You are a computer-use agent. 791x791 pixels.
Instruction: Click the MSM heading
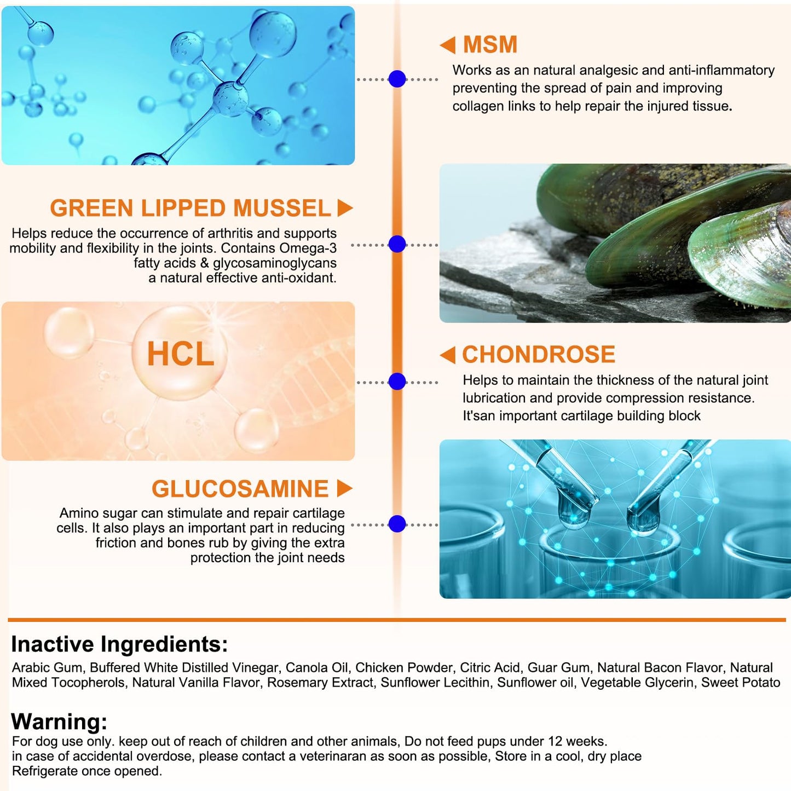click(x=490, y=44)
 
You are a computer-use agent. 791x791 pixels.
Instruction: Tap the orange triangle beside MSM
click(x=448, y=45)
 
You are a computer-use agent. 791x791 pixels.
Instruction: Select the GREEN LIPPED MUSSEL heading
click(x=190, y=207)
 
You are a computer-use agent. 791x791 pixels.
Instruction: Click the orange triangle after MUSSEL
click(x=345, y=207)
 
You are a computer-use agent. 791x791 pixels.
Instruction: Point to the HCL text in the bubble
click(x=181, y=354)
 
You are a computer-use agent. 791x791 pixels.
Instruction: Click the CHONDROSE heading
click(x=539, y=354)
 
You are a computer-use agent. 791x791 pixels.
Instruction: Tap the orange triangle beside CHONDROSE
click(x=448, y=355)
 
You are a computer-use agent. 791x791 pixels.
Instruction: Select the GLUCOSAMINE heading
click(x=240, y=488)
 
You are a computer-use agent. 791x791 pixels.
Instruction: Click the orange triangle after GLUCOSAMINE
click(x=345, y=488)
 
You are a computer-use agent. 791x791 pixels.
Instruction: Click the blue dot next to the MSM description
click(x=397, y=79)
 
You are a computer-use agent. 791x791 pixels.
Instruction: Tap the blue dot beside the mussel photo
click(x=397, y=244)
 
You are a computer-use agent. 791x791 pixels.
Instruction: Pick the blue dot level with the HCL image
click(x=397, y=382)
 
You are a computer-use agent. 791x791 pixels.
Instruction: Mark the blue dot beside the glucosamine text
click(x=397, y=524)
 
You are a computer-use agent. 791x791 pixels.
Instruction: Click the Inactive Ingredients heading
click(x=119, y=644)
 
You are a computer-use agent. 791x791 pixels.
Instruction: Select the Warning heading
click(x=59, y=721)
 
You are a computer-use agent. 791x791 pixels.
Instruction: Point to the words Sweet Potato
click(x=741, y=682)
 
